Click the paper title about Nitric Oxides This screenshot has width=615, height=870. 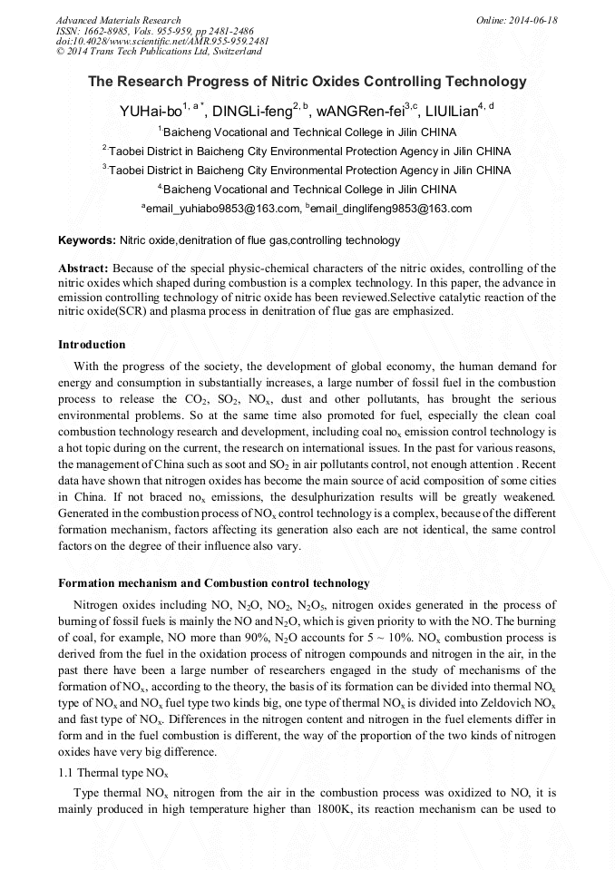pos(307,82)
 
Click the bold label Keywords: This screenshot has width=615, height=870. pos(87,240)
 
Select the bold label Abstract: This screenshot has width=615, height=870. pos(83,269)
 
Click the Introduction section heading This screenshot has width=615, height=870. pos(92,345)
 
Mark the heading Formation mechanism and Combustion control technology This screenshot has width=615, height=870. pos(214,582)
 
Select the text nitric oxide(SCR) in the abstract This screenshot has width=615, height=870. pos(98,311)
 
